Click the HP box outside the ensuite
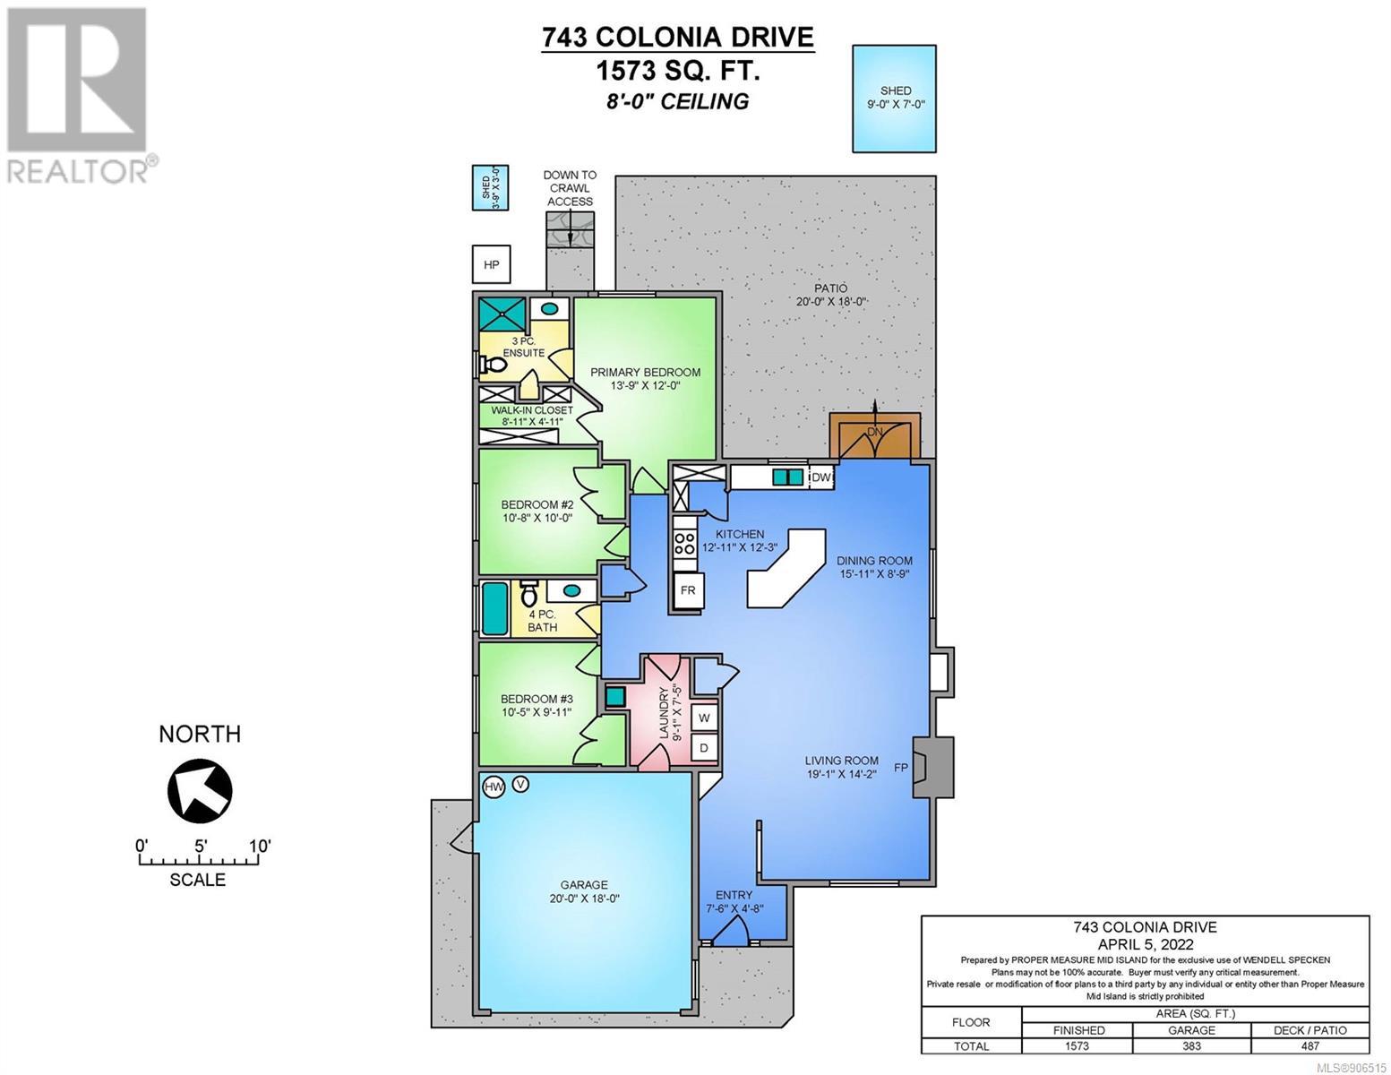pos(491,263)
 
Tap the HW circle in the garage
pos(494,787)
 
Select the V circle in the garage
pos(520,783)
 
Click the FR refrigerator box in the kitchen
pos(688,589)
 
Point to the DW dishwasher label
pos(821,477)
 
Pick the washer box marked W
pos(703,718)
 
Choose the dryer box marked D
pos(703,747)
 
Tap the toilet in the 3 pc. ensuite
pos(493,365)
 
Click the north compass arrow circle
pos(200,789)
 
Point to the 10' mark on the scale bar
pos(260,846)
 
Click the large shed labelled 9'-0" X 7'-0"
pos(894,99)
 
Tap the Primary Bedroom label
pos(645,372)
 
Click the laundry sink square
pos(616,697)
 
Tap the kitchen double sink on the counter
pos(787,477)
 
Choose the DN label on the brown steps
pos(875,432)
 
